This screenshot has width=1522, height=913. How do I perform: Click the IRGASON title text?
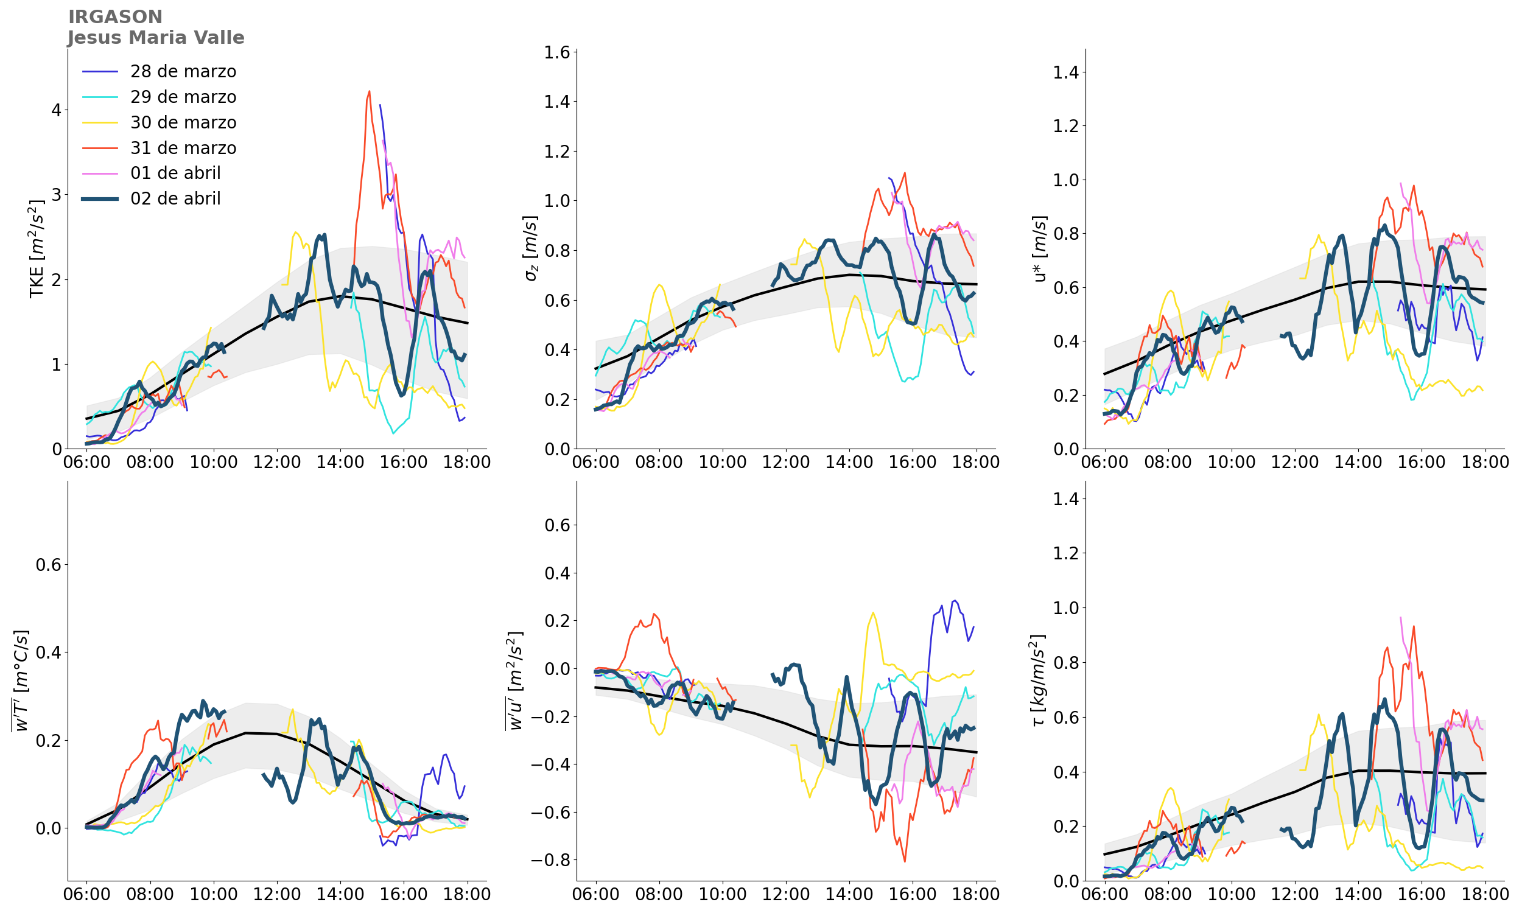point(115,17)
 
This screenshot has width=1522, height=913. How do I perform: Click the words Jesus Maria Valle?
point(156,38)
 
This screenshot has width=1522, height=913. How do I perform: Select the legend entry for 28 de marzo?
point(183,72)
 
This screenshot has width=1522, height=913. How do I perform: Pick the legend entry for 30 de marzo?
point(183,123)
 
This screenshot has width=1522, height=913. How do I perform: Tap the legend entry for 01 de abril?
point(175,173)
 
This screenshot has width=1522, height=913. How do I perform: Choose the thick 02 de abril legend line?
point(100,198)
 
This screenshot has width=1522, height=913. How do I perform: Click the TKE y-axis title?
point(37,248)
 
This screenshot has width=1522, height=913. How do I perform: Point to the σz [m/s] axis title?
point(531,248)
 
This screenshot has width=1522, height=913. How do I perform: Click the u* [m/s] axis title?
point(1040,248)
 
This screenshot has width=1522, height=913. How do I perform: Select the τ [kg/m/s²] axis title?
point(1039,680)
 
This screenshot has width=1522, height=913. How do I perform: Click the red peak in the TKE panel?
point(369,92)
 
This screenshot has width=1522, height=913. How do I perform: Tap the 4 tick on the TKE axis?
point(57,110)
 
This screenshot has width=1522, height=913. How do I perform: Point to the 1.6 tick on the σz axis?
point(556,52)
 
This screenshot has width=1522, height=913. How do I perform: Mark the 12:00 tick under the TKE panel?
point(276,462)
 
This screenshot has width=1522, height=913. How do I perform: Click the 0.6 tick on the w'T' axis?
point(49,565)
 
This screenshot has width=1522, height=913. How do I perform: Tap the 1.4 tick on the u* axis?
point(1065,72)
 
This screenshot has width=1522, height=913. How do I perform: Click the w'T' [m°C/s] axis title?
point(20,680)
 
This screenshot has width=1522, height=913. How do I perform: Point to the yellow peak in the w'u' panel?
point(873,613)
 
